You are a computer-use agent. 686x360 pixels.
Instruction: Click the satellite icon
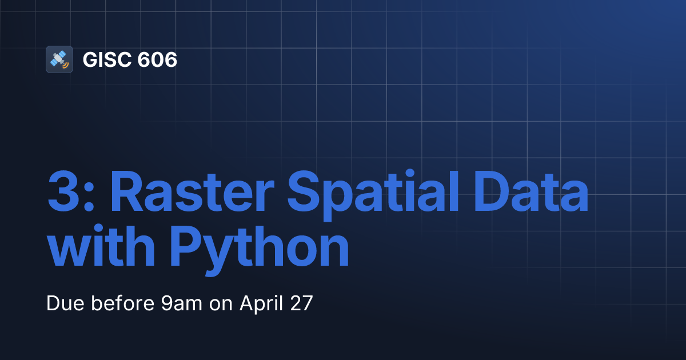tap(59, 59)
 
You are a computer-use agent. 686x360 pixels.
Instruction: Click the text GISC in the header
tap(108, 59)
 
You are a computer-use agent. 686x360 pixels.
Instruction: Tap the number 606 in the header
tap(157, 59)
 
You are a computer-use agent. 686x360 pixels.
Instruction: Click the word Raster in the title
tap(192, 191)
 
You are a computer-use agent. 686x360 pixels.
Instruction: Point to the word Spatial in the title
tap(373, 195)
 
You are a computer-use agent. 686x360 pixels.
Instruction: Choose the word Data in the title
tap(531, 191)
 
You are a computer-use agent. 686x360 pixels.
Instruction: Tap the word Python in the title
tap(260, 250)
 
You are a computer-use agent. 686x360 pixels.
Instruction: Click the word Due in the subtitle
tap(65, 303)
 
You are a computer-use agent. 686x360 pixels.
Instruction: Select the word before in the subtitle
tap(122, 303)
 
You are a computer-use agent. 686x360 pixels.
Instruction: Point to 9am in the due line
tap(182, 303)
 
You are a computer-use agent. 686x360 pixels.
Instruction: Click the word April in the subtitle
tap(261, 304)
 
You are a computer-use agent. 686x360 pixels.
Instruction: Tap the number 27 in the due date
tap(301, 303)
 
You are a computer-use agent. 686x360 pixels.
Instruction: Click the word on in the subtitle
tap(221, 305)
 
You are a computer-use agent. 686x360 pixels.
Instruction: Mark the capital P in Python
tap(185, 246)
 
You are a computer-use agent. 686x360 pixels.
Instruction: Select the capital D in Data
tap(492, 191)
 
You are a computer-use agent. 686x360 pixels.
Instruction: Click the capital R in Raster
tap(127, 191)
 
